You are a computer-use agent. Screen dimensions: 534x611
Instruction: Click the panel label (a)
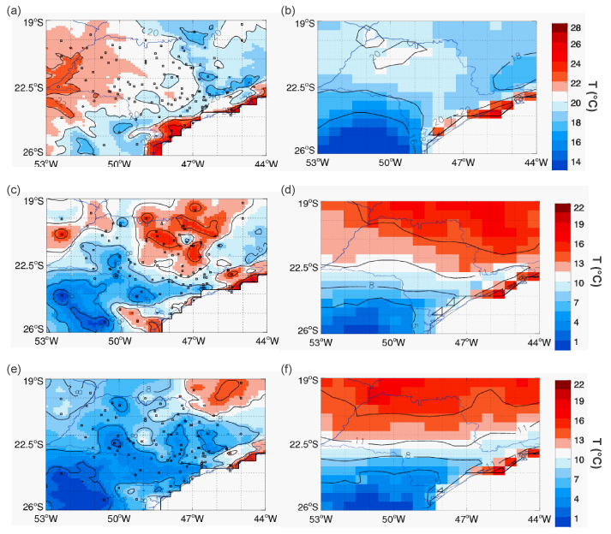(x=13, y=9)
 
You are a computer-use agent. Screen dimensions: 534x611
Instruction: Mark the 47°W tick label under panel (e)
(x=192, y=518)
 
